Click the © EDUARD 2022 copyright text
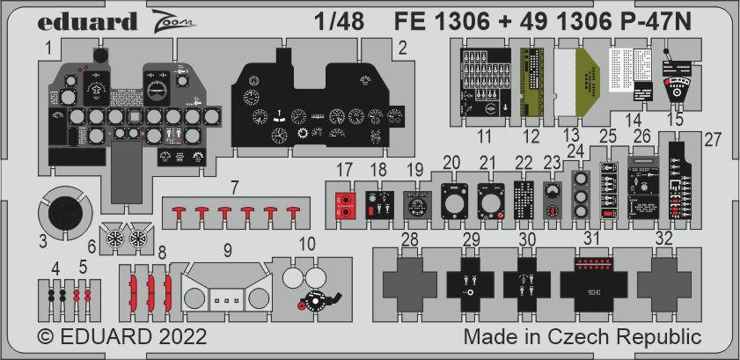click(x=122, y=337)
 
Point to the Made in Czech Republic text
click(x=582, y=337)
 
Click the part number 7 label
click(x=234, y=187)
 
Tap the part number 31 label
click(x=591, y=238)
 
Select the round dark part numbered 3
click(x=63, y=214)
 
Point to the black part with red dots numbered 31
click(x=591, y=282)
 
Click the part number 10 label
click(x=307, y=243)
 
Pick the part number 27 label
click(x=713, y=138)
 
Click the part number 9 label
click(x=226, y=250)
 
